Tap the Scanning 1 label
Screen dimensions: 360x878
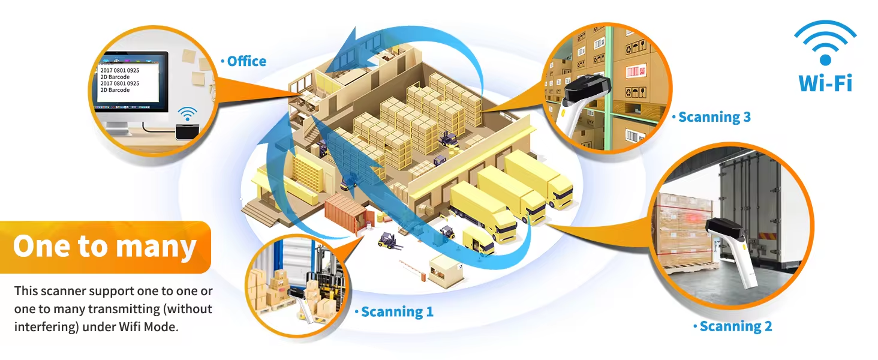(396, 311)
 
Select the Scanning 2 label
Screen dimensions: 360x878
(735, 326)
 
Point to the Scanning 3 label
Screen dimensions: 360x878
(714, 117)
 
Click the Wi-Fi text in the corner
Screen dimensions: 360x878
(825, 83)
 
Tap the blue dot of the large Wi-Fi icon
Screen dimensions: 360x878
(825, 59)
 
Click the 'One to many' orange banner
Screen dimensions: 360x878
(106, 247)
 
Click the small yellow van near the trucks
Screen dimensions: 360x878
(479, 239)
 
